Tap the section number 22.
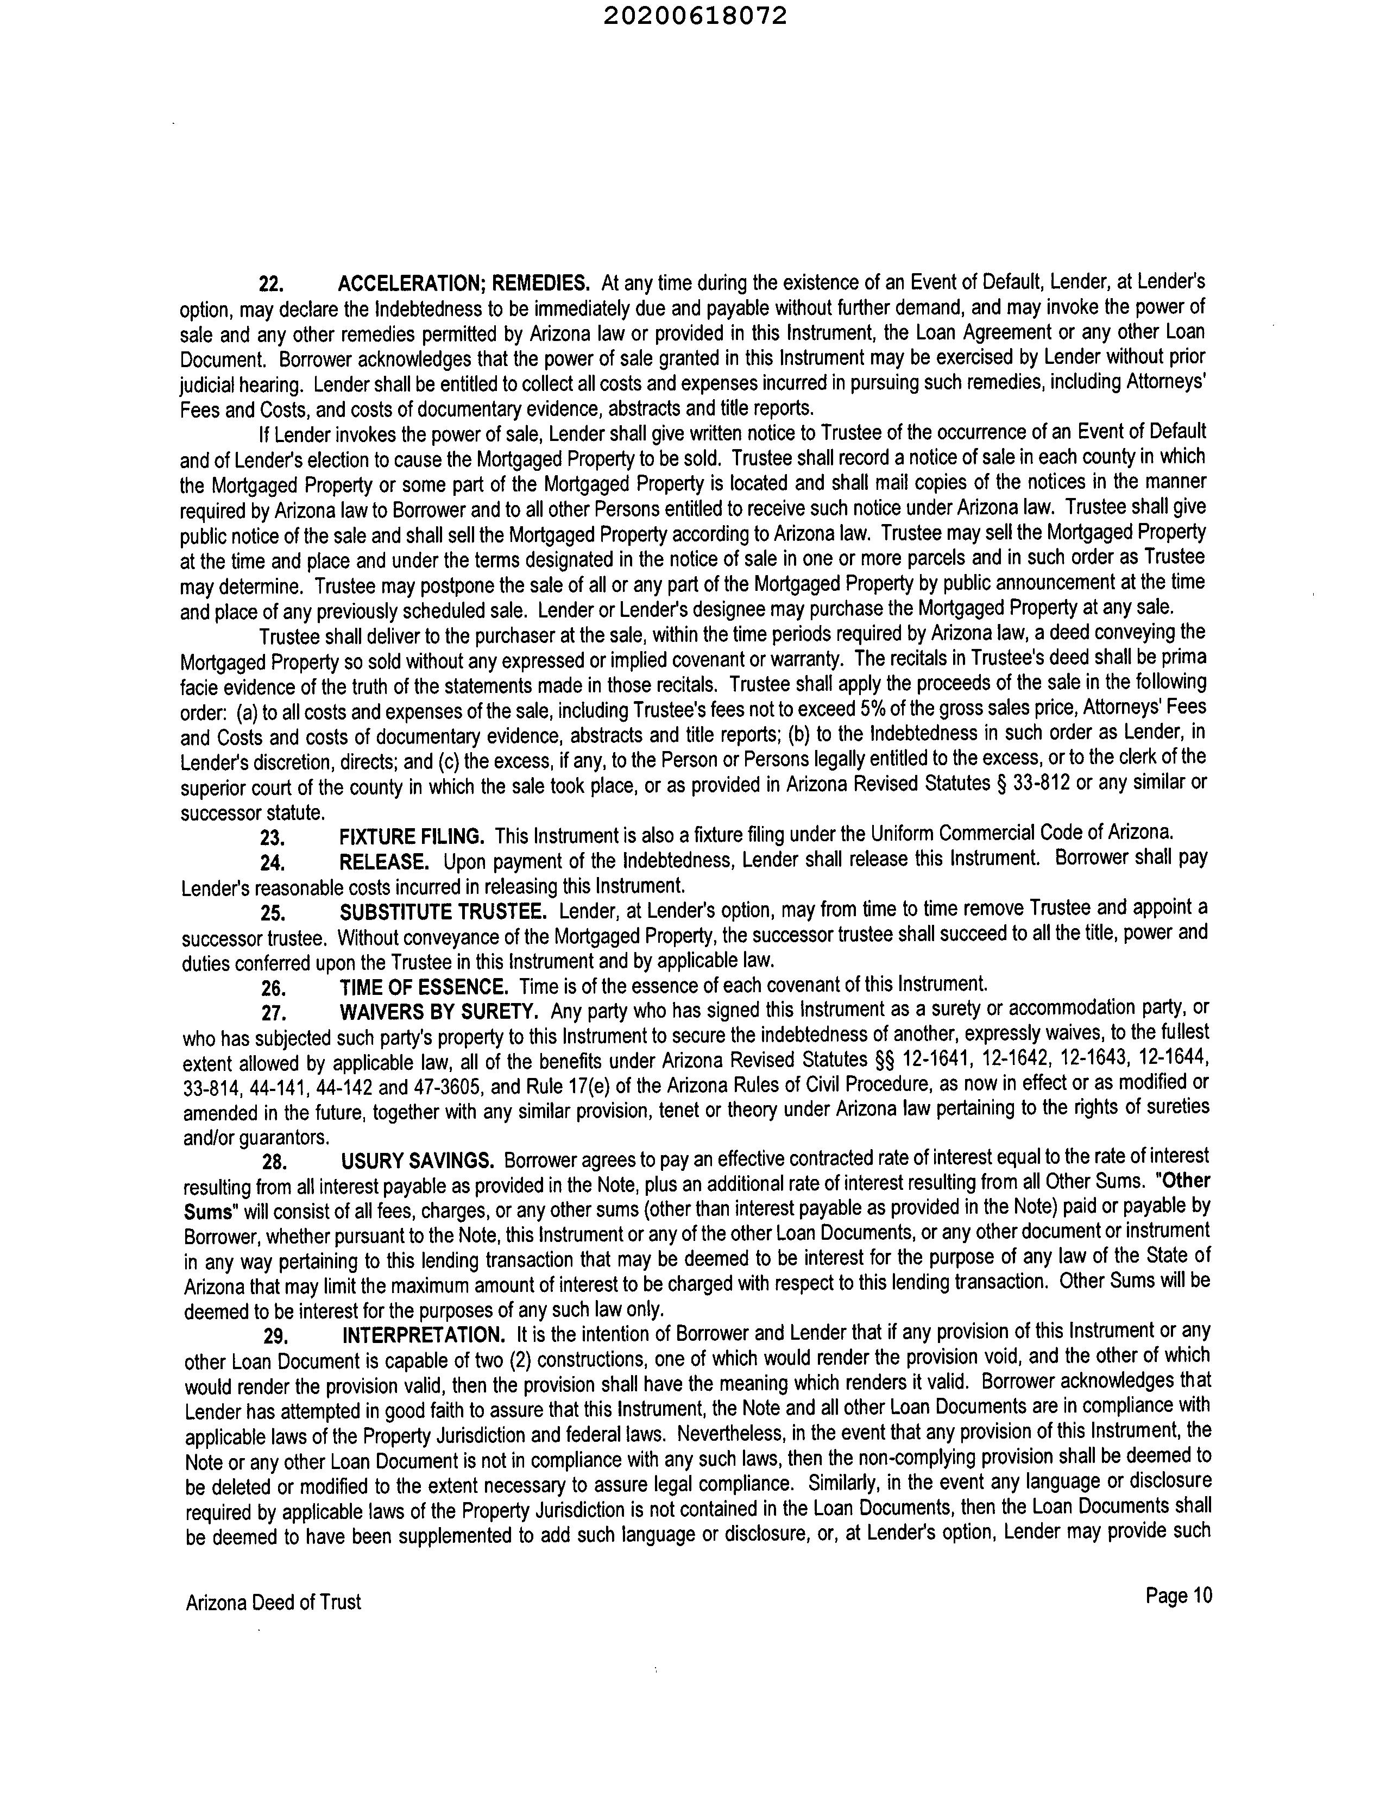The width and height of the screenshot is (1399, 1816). coord(271,285)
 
